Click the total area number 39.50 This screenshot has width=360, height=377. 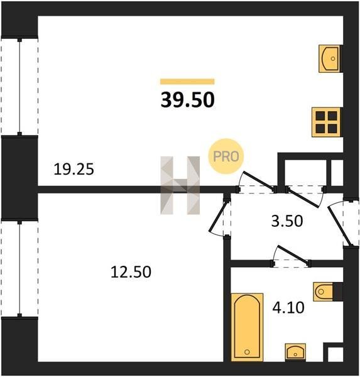[187, 100]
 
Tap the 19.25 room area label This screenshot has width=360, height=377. [74, 169]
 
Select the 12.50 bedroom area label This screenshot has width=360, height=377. [131, 272]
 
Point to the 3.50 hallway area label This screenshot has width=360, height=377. [287, 221]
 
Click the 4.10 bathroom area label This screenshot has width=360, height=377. [288, 307]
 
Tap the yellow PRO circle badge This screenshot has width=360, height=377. [226, 156]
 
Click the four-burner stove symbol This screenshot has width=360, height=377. [326, 122]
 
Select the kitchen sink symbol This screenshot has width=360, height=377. [329, 58]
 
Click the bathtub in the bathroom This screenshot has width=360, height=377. [247, 327]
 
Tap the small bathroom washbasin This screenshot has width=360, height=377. [295, 352]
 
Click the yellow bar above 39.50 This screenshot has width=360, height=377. [187, 82]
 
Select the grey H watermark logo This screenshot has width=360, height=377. [180, 185]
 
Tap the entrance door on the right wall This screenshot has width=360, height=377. [339, 226]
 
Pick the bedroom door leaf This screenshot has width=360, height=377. [218, 217]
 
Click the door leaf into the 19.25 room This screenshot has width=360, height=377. [259, 180]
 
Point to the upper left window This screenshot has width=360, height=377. [19, 87]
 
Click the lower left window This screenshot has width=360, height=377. [19, 268]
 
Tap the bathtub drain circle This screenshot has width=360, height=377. [247, 352]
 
